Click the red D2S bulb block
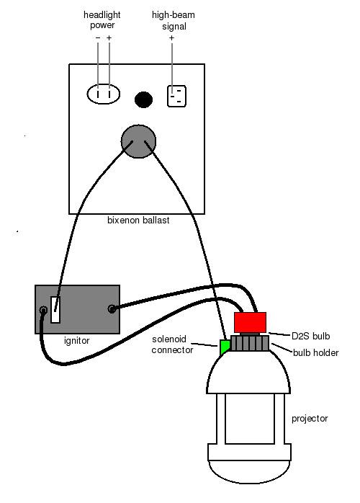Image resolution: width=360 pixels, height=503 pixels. click(250, 322)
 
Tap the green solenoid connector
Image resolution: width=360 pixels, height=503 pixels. click(225, 347)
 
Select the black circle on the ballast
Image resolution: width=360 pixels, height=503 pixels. click(143, 99)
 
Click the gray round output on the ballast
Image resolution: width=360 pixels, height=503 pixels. click(138, 141)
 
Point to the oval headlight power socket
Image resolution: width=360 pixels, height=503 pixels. click(103, 94)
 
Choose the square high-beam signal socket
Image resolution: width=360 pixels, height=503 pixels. click(176, 96)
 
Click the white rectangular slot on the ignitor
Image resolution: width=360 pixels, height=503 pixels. click(55, 310)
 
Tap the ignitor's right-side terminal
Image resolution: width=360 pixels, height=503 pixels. click(112, 309)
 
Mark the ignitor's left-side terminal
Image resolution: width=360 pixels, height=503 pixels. click(43, 310)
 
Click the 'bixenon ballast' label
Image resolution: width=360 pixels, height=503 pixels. click(138, 221)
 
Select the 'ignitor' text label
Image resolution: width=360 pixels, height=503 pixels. click(77, 341)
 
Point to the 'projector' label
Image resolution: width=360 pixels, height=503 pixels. click(310, 419)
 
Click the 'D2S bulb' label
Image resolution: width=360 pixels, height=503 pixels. click(310, 337)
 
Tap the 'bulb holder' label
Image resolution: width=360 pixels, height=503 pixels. click(316, 353)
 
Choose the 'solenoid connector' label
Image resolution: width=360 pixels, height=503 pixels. click(173, 344)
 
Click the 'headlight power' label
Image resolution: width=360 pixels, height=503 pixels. click(102, 20)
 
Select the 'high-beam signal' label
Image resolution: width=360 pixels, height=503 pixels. click(174, 20)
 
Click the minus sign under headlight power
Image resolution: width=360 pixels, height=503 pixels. click(98, 38)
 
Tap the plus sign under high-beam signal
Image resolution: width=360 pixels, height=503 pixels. click(172, 38)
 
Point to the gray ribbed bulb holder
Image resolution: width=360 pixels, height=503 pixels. click(250, 343)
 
